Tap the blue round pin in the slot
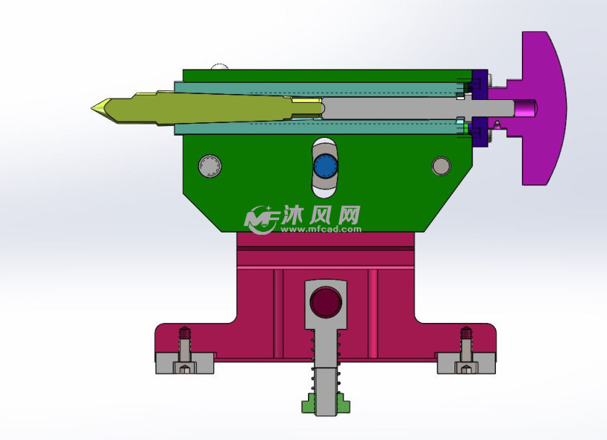tap(324, 167)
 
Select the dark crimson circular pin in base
tap(326, 301)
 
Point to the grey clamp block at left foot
tap(185, 364)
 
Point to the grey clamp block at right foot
tap(466, 364)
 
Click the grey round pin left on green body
tap(209, 166)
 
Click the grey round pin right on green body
tap(441, 166)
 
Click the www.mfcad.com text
tap(321, 230)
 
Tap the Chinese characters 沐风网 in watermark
tap(320, 215)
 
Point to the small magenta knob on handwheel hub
tap(526, 108)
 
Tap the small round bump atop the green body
tap(219, 67)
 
